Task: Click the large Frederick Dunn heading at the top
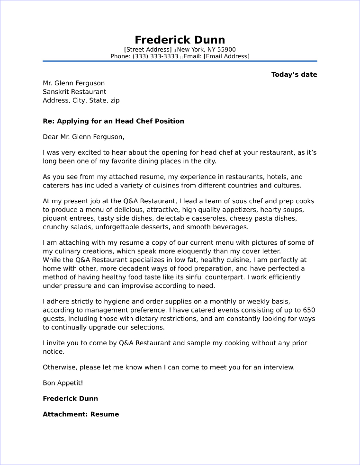tap(180, 39)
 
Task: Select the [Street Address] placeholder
tap(148, 50)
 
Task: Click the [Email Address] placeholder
tap(226, 56)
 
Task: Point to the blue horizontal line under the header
tap(180, 61)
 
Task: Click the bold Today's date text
tap(294, 74)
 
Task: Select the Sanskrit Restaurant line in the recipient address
tap(74, 92)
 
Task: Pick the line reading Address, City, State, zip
tap(81, 100)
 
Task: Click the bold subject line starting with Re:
tap(113, 121)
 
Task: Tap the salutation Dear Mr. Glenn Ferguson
tap(83, 137)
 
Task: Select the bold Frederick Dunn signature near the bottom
tap(70, 399)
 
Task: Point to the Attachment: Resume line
tap(81, 414)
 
